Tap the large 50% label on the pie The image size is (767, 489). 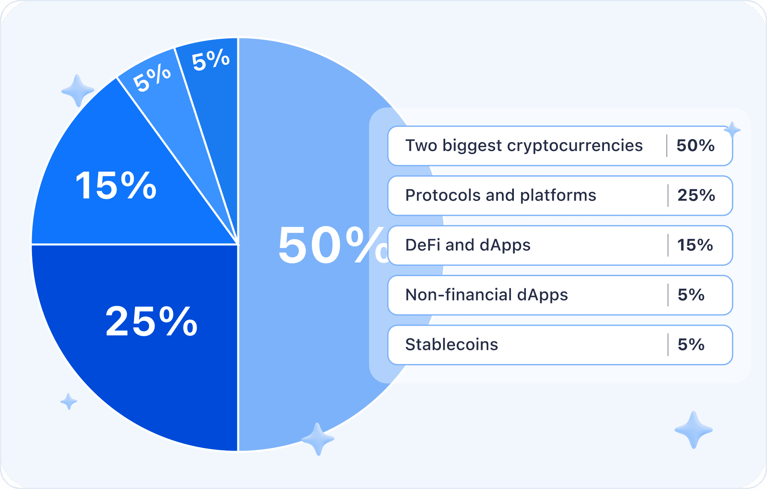point(333,245)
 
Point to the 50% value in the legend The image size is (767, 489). point(696,146)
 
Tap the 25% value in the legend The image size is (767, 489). point(696,195)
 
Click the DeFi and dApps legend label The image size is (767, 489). point(468,245)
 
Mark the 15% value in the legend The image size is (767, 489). point(695,245)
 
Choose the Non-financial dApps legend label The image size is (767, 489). point(487,295)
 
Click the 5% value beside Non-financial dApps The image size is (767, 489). point(691,295)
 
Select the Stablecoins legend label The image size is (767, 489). point(452,344)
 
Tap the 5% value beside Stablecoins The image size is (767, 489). point(691,344)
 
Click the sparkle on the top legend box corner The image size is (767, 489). point(732,130)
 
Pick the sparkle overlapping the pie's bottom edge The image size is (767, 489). point(317,439)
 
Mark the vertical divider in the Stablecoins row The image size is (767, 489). point(668,345)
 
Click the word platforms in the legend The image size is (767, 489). point(558,195)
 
